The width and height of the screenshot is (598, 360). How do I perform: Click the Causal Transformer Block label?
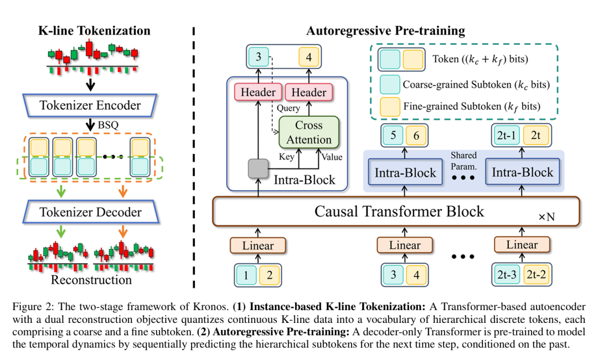point(399,211)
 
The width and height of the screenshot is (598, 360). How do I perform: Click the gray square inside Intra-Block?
point(258,169)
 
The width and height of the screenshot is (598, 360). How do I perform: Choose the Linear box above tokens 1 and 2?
point(257,244)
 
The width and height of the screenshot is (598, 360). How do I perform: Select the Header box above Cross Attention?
point(309,92)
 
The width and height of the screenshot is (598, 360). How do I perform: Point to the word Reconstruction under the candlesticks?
point(91,279)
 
